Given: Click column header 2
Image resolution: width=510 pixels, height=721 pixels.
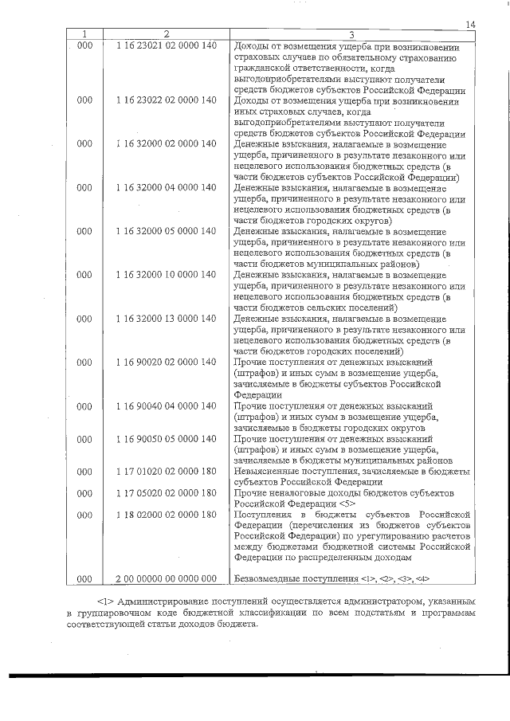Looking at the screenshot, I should [166, 35].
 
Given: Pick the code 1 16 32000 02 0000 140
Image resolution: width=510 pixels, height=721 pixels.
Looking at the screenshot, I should [166, 144].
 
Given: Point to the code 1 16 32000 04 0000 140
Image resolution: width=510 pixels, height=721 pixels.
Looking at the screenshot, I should [166, 188].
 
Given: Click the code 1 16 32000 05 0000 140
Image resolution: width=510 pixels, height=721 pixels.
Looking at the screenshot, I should [166, 232].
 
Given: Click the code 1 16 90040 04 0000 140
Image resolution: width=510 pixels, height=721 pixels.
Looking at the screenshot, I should [166, 406].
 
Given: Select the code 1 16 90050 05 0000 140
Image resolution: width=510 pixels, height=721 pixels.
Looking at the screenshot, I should [166, 439].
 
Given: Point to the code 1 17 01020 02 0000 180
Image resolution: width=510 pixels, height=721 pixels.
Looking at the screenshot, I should [166, 472].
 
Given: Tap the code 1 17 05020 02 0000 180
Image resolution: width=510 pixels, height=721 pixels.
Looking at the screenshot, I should [166, 493].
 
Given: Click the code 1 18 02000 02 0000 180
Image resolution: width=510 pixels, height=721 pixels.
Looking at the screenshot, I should [166, 515].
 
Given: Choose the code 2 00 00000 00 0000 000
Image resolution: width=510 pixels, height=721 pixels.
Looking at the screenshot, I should [166, 578].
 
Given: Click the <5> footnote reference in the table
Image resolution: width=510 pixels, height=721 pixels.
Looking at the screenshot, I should [347, 504].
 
